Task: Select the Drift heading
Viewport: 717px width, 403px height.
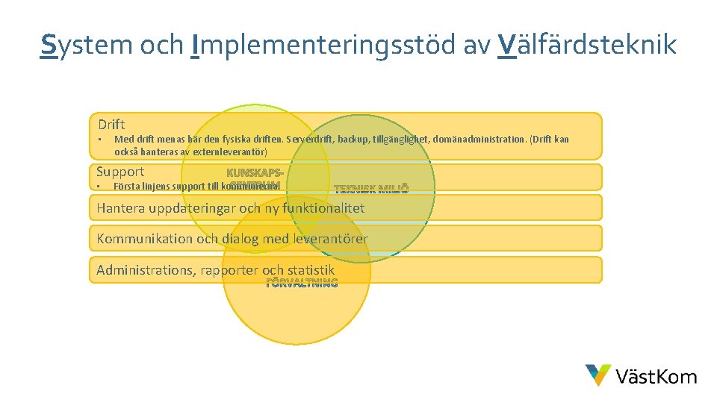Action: (111, 124)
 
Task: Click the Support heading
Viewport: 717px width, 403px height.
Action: (120, 172)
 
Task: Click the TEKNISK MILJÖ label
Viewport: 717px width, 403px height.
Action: (371, 189)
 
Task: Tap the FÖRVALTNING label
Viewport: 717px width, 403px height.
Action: (302, 283)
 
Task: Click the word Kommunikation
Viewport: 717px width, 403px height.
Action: (142, 239)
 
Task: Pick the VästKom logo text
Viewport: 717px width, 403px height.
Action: (657, 376)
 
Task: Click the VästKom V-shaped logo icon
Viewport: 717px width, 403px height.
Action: (597, 375)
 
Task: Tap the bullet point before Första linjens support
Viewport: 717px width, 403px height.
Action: (99, 186)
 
